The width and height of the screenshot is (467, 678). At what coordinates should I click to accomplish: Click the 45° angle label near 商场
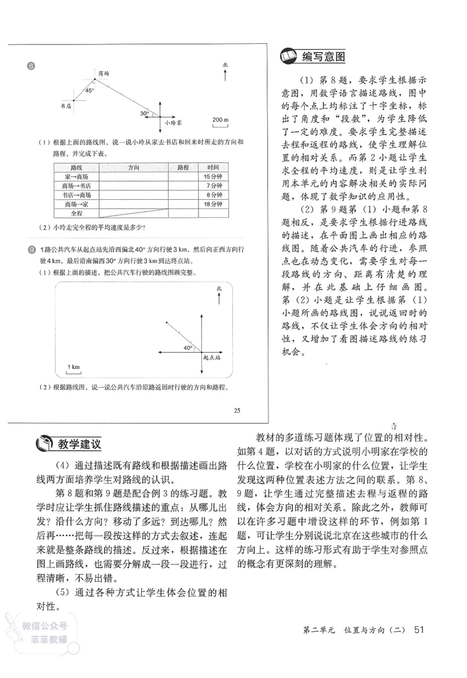click(89, 91)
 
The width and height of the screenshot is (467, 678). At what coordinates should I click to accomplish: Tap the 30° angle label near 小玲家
click(144, 113)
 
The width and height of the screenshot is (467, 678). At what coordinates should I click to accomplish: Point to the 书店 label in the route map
click(66, 106)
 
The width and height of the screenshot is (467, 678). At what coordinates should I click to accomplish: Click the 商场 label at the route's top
click(104, 74)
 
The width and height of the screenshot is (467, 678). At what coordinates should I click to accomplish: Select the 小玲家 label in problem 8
click(173, 123)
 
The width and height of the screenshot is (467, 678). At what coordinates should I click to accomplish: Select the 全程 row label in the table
click(76, 213)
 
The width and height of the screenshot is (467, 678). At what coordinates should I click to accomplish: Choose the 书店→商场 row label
click(76, 194)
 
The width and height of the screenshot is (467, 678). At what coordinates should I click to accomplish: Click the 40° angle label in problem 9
click(187, 347)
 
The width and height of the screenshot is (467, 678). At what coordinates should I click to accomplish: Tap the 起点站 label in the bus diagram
click(211, 356)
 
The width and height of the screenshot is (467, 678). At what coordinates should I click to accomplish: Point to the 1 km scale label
click(73, 366)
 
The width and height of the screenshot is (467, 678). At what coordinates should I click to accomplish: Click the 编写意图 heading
click(323, 57)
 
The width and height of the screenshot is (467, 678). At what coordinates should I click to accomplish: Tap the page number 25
click(236, 409)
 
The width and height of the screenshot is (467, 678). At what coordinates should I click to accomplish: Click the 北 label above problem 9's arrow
click(218, 288)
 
